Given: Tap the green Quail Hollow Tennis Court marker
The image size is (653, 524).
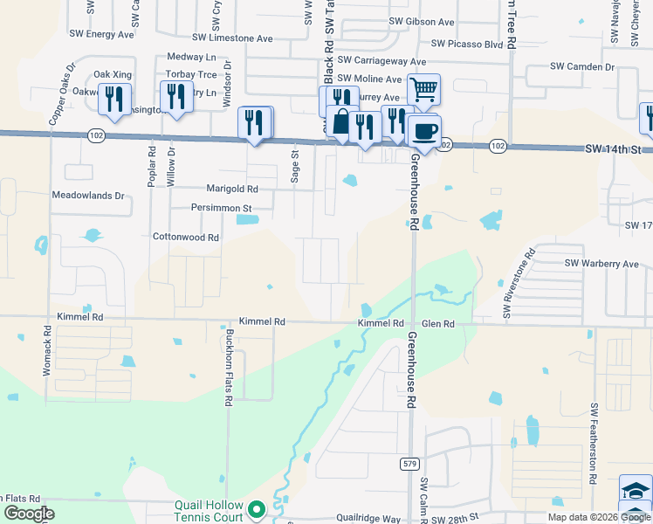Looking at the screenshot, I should click(257, 508).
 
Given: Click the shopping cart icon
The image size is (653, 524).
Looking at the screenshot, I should click(423, 89).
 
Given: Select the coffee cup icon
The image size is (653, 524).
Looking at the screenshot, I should click(425, 131).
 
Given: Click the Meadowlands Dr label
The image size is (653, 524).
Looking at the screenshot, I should click(88, 196).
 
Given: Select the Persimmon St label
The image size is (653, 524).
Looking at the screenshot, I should click(221, 209).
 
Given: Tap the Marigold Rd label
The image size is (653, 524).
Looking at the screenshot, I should click(232, 189).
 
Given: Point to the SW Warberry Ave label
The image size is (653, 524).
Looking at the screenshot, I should click(601, 264).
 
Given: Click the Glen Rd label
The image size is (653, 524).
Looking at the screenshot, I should click(438, 323).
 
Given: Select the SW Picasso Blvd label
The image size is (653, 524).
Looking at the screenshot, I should click(467, 44).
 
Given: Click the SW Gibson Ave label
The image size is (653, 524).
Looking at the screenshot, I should click(422, 22).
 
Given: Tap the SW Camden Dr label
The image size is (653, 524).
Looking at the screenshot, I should click(582, 67).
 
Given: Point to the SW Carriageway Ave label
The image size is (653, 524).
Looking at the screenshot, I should click(382, 61).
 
